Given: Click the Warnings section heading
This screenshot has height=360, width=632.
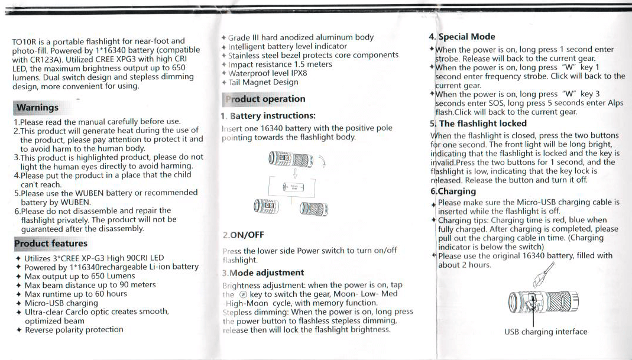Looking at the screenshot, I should tap(37, 108).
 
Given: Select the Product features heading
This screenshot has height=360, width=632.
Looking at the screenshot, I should tap(51, 244).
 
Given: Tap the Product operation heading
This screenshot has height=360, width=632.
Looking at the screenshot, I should tap(264, 99).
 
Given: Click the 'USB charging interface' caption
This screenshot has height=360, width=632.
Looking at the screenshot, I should tap(546, 332).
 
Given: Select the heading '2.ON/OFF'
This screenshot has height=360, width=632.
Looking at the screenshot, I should tap(243, 235).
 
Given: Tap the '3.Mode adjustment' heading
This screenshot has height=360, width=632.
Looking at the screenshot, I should tap(263, 273).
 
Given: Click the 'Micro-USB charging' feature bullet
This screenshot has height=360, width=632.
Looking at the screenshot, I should tap(61, 303).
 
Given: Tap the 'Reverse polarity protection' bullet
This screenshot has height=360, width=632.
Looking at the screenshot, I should tap(74, 330).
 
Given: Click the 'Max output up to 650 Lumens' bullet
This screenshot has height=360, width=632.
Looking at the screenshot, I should tap(80, 276).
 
